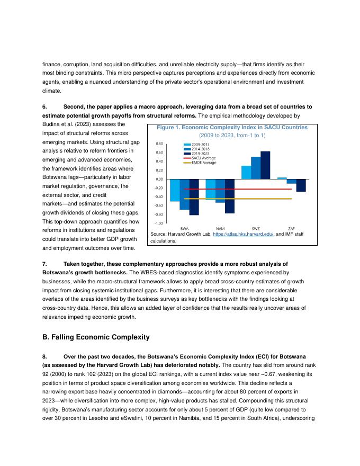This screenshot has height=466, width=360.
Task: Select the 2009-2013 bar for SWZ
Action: tap(246, 173)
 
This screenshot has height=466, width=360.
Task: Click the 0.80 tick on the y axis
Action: tap(159, 144)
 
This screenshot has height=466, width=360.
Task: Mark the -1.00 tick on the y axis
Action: tap(159, 223)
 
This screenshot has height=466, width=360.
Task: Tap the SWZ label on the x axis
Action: tap(256, 228)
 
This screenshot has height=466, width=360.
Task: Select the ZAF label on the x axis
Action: tap(291, 228)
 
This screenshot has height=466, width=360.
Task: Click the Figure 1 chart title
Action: tap(232, 128)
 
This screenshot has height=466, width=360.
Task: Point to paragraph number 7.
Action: tap(44, 263)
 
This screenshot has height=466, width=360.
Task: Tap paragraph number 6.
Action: tap(44, 106)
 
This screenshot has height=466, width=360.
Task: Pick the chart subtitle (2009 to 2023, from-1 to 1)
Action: tap(232, 136)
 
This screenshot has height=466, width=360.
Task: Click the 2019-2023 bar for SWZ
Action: tap(265, 165)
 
